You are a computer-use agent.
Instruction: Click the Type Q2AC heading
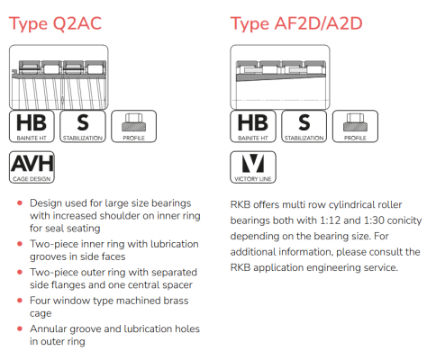(55, 24)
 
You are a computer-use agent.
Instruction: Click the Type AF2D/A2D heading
(296, 24)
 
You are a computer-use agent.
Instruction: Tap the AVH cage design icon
(32, 167)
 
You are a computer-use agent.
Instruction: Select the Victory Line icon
(253, 167)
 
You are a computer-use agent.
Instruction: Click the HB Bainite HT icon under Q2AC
(32, 126)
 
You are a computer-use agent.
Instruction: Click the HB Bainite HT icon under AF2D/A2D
(253, 126)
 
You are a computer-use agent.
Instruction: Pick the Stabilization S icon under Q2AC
(83, 126)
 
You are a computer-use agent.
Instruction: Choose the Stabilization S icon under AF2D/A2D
(304, 126)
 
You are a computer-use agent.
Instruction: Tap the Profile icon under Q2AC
(134, 126)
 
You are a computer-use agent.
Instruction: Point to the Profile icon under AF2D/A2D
(355, 126)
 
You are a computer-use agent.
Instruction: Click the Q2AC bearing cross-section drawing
(59, 77)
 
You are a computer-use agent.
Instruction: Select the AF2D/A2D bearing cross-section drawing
(280, 77)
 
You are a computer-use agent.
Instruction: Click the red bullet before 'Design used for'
(20, 203)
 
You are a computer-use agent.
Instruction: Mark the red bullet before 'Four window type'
(20, 301)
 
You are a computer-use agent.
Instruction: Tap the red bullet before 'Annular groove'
(20, 328)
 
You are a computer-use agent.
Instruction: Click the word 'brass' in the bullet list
(176, 301)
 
